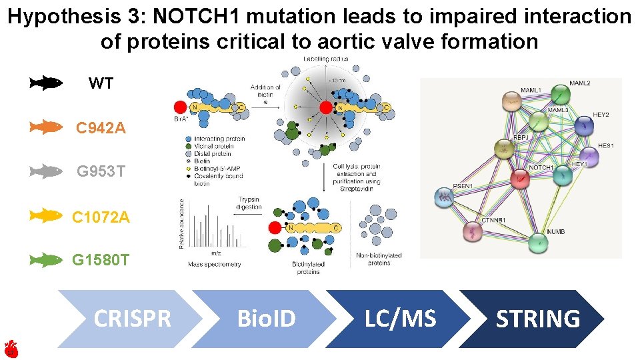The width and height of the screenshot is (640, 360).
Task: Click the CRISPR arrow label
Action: (x=132, y=319)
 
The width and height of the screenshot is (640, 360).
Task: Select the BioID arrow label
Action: (x=266, y=319)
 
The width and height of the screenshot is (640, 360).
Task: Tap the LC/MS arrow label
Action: (x=401, y=319)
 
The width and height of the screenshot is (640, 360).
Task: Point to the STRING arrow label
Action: (x=537, y=319)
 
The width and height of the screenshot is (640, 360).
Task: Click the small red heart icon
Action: (x=12, y=349)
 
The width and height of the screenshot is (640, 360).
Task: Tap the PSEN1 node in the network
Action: (x=444, y=197)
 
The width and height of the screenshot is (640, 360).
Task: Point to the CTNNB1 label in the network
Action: (x=495, y=219)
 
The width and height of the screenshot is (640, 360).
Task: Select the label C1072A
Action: (x=101, y=217)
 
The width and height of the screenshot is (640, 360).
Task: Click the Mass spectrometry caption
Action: (x=215, y=264)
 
